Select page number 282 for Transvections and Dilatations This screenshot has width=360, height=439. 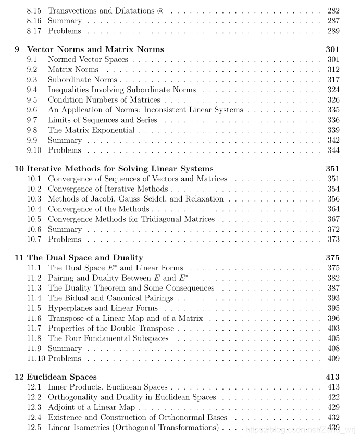333,11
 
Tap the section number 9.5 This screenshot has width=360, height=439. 32,100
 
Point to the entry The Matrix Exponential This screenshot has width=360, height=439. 91,130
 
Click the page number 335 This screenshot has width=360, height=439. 333,110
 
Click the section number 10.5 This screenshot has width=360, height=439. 34,219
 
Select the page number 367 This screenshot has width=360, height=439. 333,219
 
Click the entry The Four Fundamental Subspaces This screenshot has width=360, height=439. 108,338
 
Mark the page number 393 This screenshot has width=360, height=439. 333,298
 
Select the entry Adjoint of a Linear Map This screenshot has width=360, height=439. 91,407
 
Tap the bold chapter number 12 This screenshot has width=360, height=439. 19,377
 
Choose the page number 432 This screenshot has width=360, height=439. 333,418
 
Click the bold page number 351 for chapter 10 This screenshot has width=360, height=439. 333,169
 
